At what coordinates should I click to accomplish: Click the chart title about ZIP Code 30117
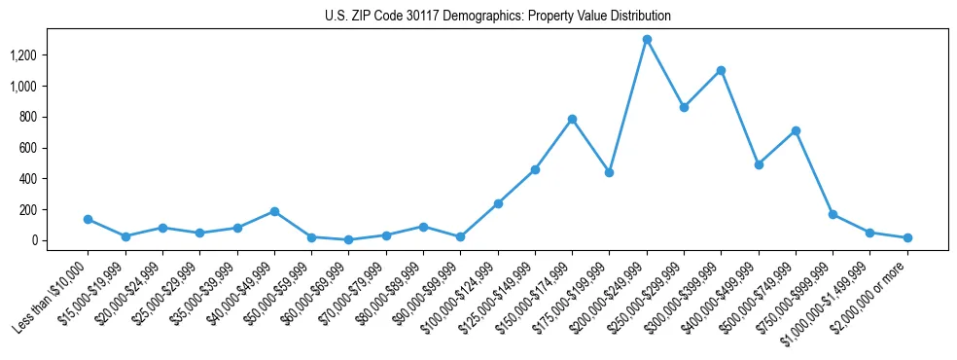click(498, 17)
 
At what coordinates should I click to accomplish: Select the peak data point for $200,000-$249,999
click(647, 40)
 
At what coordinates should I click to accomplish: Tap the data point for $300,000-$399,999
click(721, 70)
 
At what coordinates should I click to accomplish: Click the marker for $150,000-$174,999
click(572, 119)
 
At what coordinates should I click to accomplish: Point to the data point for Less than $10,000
click(88, 220)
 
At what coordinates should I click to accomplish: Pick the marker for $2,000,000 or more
click(907, 237)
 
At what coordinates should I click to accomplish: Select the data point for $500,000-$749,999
click(796, 130)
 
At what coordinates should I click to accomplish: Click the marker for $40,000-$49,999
click(274, 211)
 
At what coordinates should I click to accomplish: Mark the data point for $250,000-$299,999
click(684, 107)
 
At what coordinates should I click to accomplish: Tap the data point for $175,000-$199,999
click(609, 172)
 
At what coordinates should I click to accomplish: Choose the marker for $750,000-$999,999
click(833, 214)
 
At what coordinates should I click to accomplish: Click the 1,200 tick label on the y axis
click(50, 55)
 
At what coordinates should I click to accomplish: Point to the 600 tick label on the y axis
click(54, 148)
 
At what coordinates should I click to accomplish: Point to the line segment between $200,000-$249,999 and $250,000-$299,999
click(665, 74)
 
